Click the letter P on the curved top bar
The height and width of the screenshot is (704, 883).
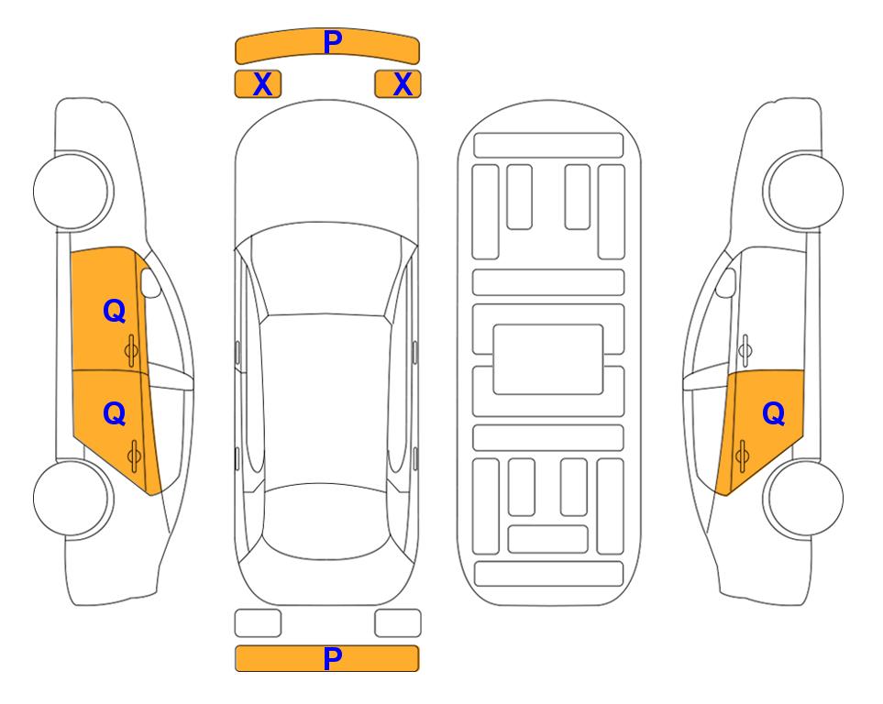[333, 42]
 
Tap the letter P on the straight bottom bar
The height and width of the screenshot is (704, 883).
[333, 658]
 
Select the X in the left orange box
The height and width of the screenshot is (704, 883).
[262, 84]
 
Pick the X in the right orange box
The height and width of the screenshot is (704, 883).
[403, 84]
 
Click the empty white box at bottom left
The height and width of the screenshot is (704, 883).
[258, 623]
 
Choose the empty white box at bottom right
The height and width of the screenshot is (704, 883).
[398, 623]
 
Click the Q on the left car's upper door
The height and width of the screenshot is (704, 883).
[115, 311]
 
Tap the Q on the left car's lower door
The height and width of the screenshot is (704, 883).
[115, 414]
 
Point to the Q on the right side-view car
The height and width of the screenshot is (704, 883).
[773, 414]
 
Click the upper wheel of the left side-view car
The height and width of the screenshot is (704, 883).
[72, 191]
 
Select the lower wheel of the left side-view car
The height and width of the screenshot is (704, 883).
[72, 498]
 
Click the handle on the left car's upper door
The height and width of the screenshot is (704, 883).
[132, 351]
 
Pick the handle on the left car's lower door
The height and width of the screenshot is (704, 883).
[134, 455]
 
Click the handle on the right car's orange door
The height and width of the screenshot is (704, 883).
[742, 455]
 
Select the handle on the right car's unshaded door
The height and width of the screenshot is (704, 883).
[745, 350]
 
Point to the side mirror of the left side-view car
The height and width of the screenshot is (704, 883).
[149, 282]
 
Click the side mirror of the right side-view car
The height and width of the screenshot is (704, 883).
[726, 282]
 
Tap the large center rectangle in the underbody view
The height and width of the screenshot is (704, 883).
[548, 359]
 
